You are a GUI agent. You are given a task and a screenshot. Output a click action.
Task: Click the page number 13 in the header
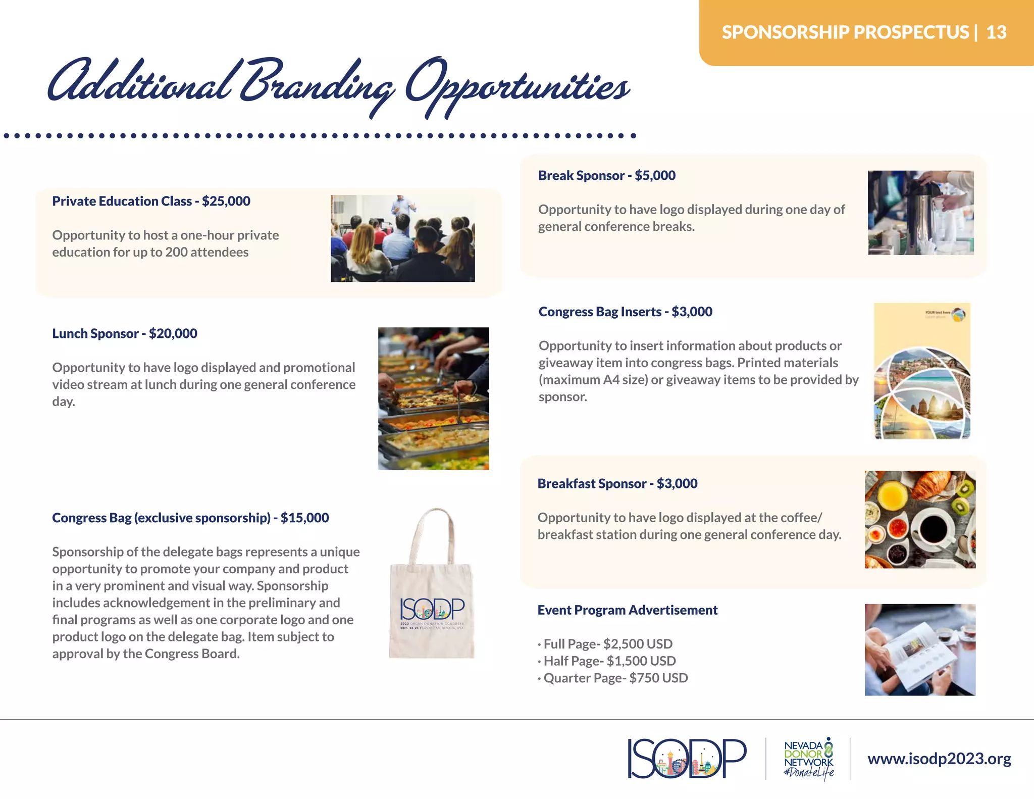click(996, 32)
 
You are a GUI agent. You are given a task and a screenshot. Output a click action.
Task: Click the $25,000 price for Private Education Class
click(226, 201)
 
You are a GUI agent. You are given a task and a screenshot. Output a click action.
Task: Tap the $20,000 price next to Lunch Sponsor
click(173, 333)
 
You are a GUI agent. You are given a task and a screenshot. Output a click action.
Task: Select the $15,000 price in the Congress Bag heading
click(304, 518)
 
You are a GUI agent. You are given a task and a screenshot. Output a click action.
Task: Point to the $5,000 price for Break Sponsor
click(655, 175)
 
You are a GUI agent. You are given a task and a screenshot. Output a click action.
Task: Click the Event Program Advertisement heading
click(627, 610)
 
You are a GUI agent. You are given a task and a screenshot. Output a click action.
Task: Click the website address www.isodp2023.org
click(939, 759)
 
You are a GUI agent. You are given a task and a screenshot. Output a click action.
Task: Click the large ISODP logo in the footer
click(687, 759)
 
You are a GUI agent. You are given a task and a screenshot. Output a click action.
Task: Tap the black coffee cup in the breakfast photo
click(933, 529)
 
